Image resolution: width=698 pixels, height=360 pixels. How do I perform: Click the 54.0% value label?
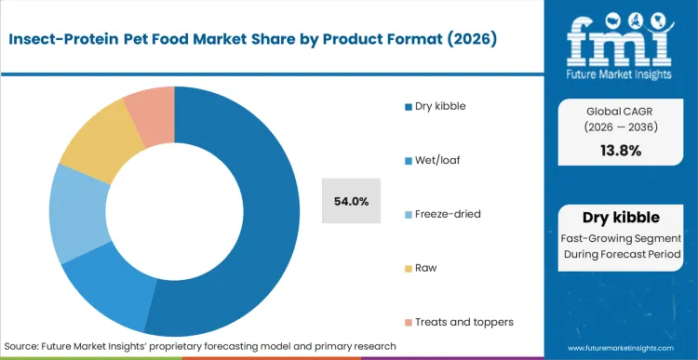click(351, 201)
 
